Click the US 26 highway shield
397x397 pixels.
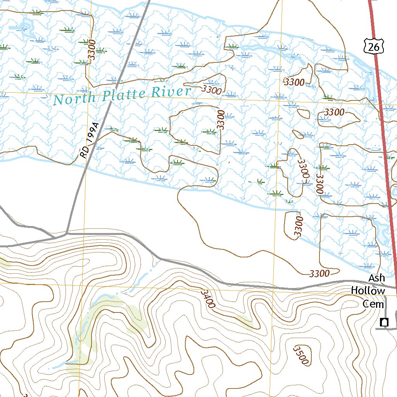point(374,46)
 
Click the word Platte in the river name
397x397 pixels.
point(122,95)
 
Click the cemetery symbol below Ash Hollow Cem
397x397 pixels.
point(384,322)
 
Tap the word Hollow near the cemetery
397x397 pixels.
point(368,290)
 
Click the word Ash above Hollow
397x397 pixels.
point(376,278)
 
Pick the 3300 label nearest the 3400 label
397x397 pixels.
point(319,273)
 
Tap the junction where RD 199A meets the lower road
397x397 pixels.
point(67,233)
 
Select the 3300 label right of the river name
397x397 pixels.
point(212,90)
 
